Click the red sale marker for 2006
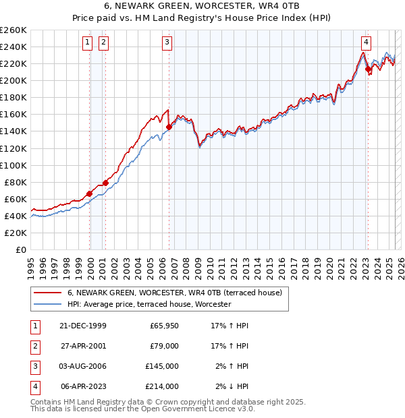coord(169,127)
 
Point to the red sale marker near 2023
coord(368,69)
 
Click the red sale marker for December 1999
coord(90,193)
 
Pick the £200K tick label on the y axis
coord(13,80)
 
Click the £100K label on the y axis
coord(13,165)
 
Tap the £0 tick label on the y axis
coord(20,249)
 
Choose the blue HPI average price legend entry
coord(149,305)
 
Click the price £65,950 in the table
coord(164,326)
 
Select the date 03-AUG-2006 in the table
coord(84,366)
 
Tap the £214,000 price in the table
coord(162,386)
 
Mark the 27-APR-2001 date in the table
coord(84,346)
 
